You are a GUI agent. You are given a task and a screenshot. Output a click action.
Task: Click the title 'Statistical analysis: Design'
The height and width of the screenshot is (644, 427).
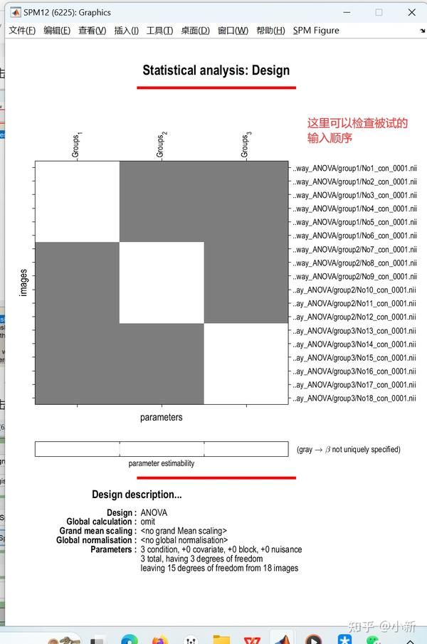click(x=216, y=70)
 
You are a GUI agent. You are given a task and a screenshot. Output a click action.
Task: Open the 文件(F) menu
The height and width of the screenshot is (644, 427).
click(x=22, y=31)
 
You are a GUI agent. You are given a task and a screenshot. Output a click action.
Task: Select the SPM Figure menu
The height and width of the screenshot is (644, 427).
click(x=316, y=31)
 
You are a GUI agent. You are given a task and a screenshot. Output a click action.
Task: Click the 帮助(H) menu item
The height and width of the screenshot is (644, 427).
click(x=270, y=31)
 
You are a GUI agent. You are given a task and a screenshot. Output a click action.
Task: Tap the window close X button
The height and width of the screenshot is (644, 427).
click(x=412, y=12)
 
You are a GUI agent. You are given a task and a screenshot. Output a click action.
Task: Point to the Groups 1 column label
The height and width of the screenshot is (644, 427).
click(x=77, y=144)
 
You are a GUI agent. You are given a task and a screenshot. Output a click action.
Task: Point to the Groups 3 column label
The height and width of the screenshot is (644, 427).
click(x=246, y=144)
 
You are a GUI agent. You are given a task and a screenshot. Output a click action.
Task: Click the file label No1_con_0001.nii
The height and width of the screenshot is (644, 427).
click(x=354, y=168)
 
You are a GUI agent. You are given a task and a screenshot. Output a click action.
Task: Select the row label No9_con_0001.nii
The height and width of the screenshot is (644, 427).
click(x=354, y=277)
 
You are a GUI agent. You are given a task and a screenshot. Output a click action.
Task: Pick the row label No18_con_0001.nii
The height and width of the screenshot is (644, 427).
click(x=354, y=398)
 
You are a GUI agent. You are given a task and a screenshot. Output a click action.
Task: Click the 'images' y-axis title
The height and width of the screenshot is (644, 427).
click(x=23, y=283)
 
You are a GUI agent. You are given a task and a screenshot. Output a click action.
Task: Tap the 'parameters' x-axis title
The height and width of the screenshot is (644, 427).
click(x=161, y=418)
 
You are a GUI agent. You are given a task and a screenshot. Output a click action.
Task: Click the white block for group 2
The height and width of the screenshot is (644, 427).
click(x=162, y=283)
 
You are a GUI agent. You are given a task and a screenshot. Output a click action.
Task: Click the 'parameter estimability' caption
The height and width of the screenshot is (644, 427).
click(x=162, y=463)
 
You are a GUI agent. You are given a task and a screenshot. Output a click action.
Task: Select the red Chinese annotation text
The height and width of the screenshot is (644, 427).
click(x=357, y=130)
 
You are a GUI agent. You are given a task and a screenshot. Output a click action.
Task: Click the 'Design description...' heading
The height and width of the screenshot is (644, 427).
click(x=137, y=495)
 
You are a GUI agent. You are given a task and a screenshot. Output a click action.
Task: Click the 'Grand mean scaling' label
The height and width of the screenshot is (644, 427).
click(x=96, y=531)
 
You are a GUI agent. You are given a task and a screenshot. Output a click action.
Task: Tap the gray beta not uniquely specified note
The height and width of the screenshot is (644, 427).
click(x=348, y=450)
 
